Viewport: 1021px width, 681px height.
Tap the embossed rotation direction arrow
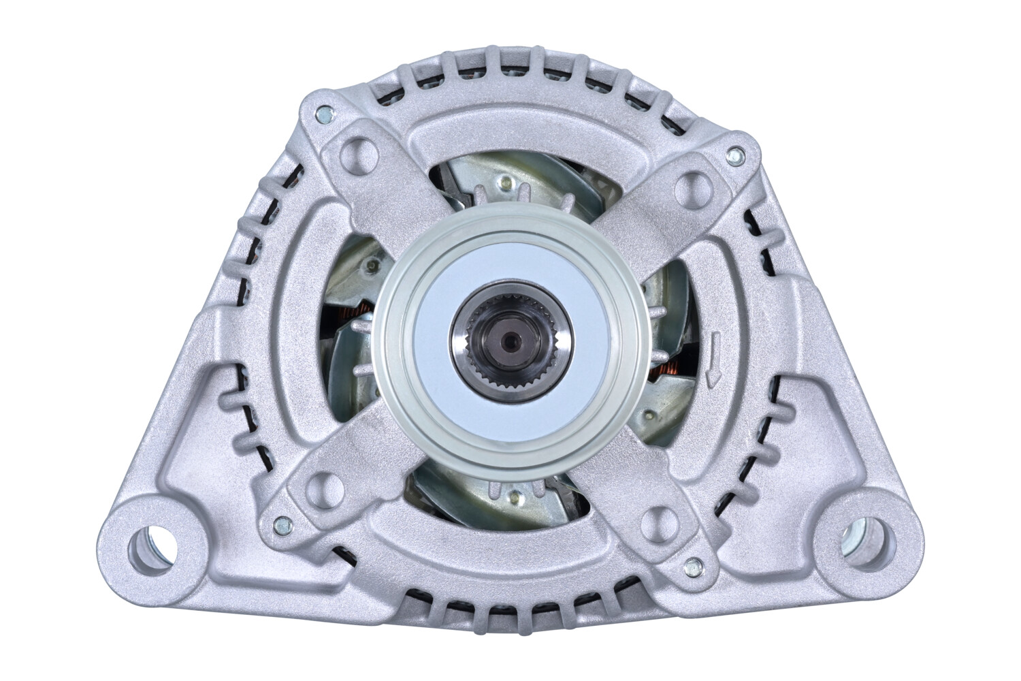pos(712,357)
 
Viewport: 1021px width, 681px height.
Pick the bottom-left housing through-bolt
pos(280,525)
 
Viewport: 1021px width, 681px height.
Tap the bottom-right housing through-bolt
pos(694,565)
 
